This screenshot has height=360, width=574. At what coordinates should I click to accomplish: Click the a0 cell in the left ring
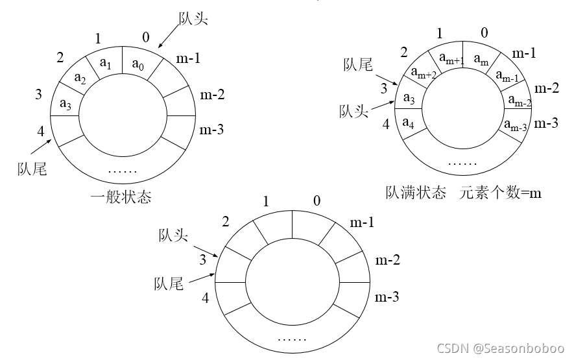[x=138, y=64]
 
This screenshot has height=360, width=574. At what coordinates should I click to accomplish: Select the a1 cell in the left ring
[x=107, y=64]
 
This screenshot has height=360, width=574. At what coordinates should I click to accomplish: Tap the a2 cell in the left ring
[x=80, y=78]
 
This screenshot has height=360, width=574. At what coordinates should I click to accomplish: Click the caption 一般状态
[x=122, y=197]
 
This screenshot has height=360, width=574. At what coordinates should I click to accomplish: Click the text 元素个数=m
[x=501, y=193]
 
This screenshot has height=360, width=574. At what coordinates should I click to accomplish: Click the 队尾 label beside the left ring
[x=32, y=169]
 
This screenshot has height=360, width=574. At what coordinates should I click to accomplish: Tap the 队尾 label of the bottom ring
[x=169, y=283]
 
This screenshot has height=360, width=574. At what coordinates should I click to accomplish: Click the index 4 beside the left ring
[x=40, y=132]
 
